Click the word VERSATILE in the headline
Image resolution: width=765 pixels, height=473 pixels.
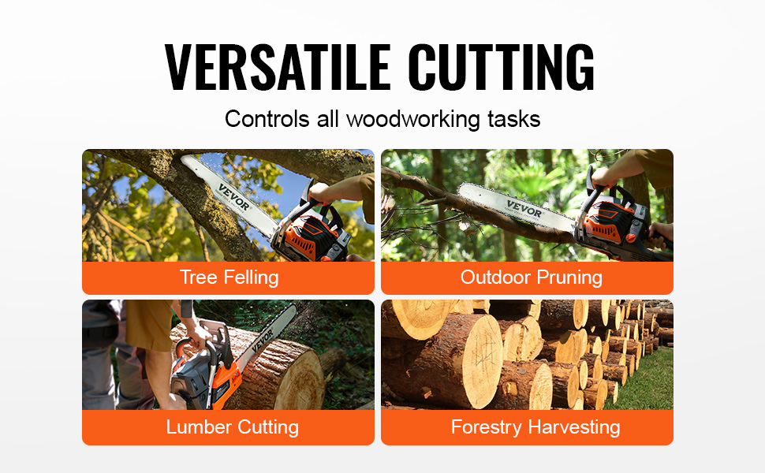click(278, 68)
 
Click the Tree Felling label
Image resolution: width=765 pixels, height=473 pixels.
click(229, 277)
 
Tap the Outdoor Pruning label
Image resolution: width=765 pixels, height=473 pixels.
click(531, 277)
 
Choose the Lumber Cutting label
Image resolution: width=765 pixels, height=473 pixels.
click(232, 427)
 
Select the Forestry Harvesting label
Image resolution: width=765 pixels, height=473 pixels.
click(535, 427)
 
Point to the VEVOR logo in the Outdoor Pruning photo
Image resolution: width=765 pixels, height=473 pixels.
click(524, 210)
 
